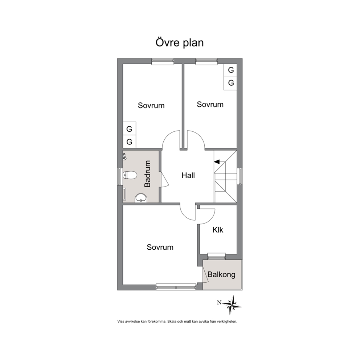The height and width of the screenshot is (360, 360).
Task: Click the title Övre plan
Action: coord(180,43)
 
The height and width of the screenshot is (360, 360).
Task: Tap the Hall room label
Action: coord(188,175)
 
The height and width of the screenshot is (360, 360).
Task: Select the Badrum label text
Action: coord(147,174)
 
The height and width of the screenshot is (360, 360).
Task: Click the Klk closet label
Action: coord(218,230)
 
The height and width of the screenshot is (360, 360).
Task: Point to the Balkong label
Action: coord(221,275)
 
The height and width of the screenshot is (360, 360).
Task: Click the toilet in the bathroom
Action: coord(130,175)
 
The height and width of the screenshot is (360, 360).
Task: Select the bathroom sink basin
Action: coord(141,198)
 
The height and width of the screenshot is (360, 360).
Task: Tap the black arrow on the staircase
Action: coord(217,162)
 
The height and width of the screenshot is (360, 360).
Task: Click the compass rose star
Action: coord(232,305)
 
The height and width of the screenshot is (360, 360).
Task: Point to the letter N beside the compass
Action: coord(219,303)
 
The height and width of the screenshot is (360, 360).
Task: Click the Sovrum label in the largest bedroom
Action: coord(160,247)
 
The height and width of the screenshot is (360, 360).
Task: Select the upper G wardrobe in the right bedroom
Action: coord(230,70)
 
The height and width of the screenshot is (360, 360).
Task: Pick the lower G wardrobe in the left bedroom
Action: coord(130,142)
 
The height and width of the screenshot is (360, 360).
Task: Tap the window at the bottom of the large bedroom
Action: coord(176,287)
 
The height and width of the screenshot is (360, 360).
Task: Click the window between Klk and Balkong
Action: coord(217,257)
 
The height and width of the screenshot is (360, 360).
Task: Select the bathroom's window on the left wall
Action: coord(120,177)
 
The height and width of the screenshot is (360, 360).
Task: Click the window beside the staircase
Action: coord(240,176)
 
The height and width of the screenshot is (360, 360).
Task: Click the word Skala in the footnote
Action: coord(172,322)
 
